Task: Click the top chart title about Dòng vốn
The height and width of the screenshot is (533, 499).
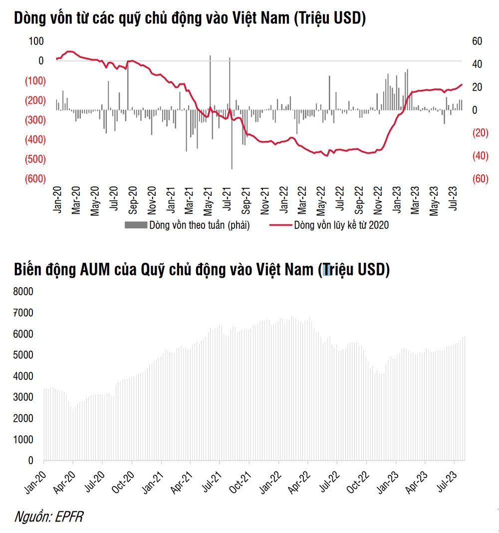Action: [x=190, y=18]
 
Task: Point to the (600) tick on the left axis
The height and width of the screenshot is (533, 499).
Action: [x=35, y=179]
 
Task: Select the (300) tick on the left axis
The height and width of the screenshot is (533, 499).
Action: [x=35, y=120]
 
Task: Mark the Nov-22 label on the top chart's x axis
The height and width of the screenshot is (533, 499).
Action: [x=378, y=200]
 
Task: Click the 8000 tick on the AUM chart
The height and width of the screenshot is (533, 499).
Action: [x=24, y=291]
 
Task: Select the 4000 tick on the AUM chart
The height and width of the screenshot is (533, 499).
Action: [x=24, y=376]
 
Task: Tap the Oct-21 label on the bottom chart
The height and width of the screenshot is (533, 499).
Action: [x=243, y=482]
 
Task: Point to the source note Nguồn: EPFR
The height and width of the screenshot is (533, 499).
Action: [x=48, y=517]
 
